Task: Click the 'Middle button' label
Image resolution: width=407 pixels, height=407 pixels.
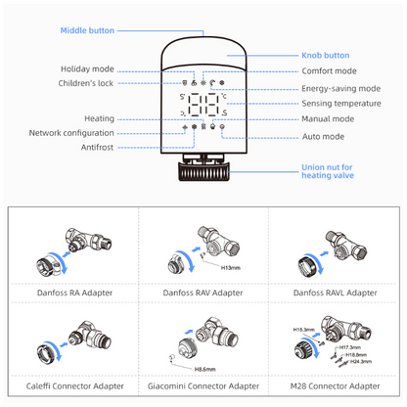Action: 87,30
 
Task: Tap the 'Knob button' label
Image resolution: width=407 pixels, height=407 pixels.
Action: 326,56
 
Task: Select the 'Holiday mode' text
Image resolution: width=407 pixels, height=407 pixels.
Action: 87,69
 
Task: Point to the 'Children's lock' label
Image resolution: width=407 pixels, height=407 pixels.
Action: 86,83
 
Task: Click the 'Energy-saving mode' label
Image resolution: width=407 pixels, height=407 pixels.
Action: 340,89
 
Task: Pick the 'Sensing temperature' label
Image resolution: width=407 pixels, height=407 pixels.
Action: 341,104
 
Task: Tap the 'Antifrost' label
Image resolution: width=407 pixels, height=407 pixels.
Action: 97,148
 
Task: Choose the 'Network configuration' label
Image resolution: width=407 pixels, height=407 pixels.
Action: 71,133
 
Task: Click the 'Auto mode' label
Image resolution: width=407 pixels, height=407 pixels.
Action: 323,137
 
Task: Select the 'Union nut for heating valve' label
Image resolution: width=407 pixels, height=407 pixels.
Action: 328,171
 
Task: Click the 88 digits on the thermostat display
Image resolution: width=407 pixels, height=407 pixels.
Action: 203,105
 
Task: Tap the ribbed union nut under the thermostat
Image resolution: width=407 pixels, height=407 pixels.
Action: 203,172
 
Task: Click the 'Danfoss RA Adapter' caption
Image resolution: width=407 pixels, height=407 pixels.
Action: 74,293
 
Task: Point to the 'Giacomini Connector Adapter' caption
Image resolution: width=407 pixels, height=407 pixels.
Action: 203,386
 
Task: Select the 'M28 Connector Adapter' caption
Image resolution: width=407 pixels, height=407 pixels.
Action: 335,386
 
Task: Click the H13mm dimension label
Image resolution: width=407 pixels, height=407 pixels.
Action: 231,268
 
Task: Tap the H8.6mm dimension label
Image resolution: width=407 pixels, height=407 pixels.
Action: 204,370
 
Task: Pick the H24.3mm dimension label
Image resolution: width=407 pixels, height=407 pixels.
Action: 361,361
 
